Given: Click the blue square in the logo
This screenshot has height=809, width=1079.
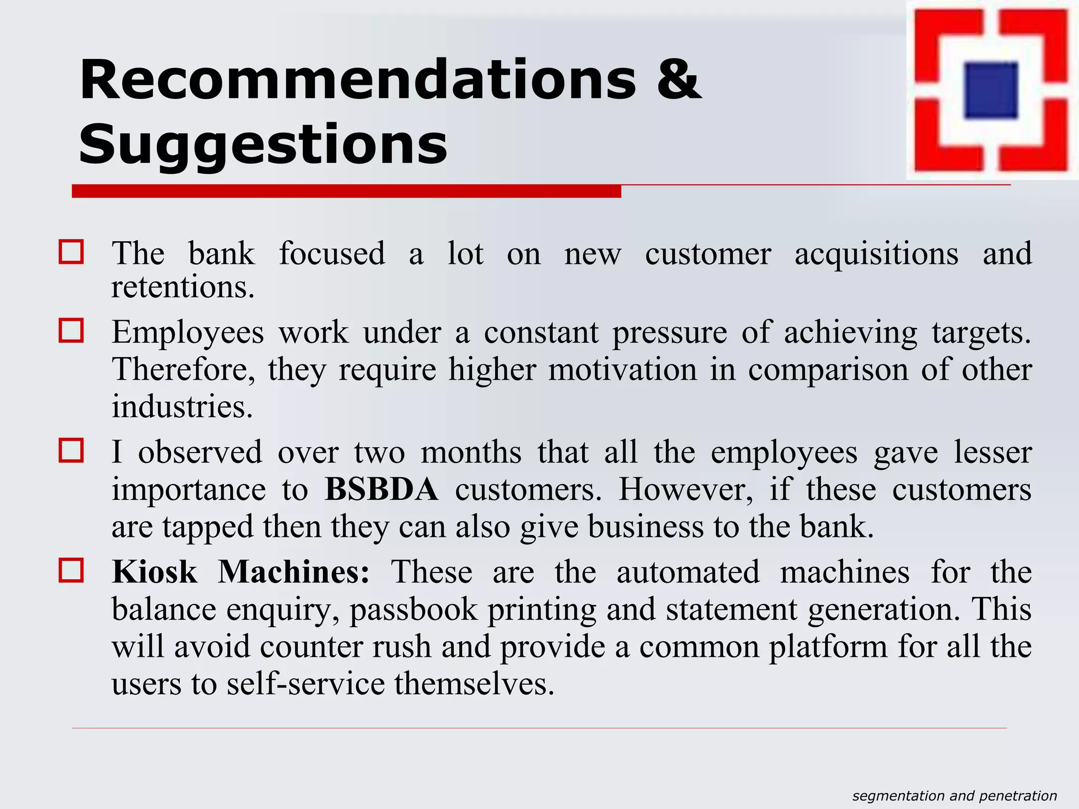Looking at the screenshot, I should (990, 90).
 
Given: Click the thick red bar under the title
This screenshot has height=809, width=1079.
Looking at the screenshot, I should (346, 191).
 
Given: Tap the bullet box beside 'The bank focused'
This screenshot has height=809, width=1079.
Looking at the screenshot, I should (71, 252).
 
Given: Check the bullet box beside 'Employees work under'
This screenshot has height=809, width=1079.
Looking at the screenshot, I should (71, 331).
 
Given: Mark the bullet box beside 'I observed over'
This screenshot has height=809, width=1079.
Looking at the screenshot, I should (71, 450).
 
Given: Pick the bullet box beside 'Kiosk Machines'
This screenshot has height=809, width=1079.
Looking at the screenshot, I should (71, 570).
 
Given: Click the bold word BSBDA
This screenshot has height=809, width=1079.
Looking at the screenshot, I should (381, 489).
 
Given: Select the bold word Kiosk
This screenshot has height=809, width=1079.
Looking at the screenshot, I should (154, 572).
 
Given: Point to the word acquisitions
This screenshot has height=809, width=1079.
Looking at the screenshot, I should (876, 254).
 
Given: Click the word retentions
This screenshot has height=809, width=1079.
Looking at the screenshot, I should (183, 288).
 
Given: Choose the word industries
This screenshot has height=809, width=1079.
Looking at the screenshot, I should (182, 407).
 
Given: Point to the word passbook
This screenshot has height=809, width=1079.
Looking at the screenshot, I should (414, 610).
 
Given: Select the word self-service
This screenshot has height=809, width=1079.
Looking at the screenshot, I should (306, 684).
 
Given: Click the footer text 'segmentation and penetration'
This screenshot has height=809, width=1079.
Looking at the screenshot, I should (955, 796).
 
